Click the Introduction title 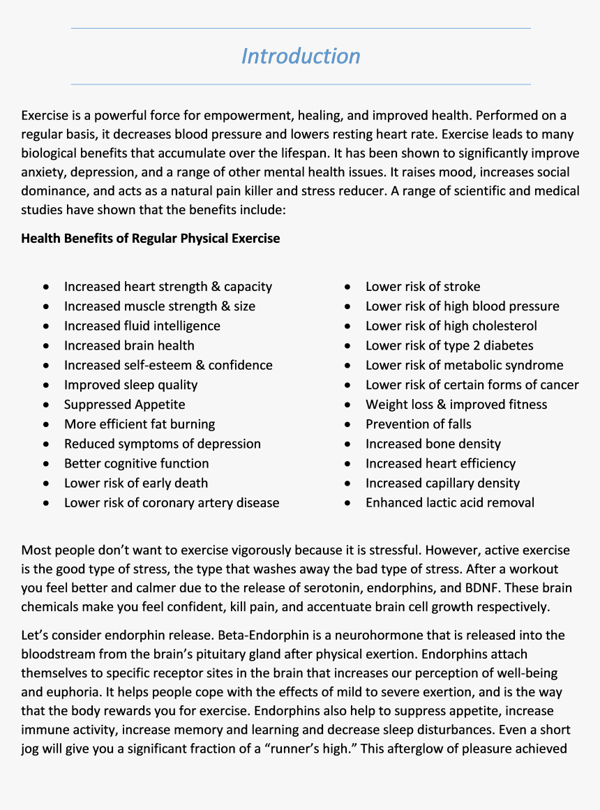point(301,56)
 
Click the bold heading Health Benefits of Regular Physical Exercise point(150,239)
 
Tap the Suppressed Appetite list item point(124,405)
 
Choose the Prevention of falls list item point(418,424)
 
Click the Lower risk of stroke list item point(422,287)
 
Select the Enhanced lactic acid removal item point(449,503)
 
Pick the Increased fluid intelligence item point(142,326)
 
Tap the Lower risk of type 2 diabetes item point(449,345)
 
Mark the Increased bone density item point(433,444)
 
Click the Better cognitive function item point(136,463)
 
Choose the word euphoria point(73,693)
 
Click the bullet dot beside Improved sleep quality point(46,385)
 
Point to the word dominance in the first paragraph point(52,191)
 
